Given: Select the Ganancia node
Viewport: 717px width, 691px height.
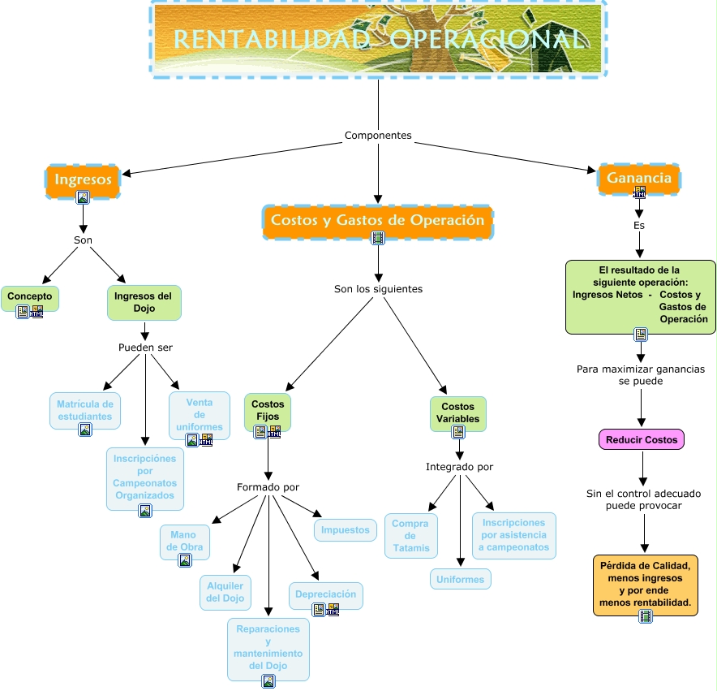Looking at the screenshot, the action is point(639,179).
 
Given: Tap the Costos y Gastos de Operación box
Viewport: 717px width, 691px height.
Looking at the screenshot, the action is point(378,222).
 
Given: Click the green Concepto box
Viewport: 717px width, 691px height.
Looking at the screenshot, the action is point(30,299).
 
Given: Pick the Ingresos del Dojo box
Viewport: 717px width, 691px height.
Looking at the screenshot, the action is point(144,303).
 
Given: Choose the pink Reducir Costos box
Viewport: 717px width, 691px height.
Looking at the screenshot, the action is point(642,439).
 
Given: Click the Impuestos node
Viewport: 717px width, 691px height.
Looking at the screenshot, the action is point(346,529).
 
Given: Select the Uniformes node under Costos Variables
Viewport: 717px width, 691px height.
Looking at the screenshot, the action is point(461,579).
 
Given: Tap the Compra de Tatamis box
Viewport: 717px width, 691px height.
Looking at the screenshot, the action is point(411,536).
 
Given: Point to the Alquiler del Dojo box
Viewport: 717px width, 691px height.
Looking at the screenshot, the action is point(225,593).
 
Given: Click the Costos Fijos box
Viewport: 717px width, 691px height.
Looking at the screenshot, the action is point(268,411).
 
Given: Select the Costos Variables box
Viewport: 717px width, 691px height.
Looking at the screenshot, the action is point(457,413).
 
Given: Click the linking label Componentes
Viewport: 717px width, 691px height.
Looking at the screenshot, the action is point(378,135).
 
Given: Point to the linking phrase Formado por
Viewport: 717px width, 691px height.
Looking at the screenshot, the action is point(268,487).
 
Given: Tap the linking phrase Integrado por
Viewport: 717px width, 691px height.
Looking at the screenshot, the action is point(460,467).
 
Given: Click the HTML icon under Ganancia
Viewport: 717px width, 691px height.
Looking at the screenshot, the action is point(639,192).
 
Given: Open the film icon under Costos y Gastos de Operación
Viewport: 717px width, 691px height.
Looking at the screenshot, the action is point(378,238).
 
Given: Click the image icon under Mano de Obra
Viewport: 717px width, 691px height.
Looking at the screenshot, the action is point(185,560).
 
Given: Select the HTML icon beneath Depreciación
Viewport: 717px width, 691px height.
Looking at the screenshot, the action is point(333,610).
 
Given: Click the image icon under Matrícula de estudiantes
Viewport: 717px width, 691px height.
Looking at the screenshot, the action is point(85,430).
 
